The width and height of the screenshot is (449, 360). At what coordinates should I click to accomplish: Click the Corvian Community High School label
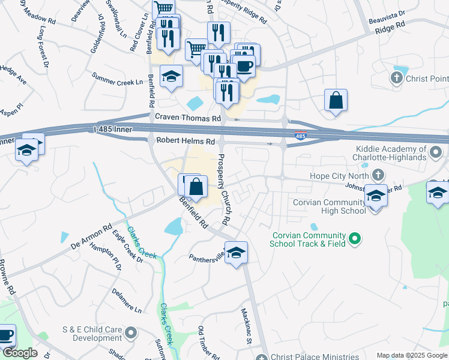[329, 206]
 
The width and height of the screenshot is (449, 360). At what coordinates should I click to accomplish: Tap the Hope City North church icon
[378, 175]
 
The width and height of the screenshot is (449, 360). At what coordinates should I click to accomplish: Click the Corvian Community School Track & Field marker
[355, 239]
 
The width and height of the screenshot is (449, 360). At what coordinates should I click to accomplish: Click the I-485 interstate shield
[301, 137]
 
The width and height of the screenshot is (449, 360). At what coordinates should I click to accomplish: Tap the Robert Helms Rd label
[185, 141]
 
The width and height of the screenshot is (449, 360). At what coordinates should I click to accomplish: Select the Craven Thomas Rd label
[188, 119]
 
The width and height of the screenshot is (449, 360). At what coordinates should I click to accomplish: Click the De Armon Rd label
[91, 236]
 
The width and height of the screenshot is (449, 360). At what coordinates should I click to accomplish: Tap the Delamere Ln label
[127, 301]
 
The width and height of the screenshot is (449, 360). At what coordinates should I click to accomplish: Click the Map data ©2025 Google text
[412, 355]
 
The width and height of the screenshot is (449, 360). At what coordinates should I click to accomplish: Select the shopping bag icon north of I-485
[336, 100]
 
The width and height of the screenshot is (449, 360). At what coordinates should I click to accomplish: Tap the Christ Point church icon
[396, 78]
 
